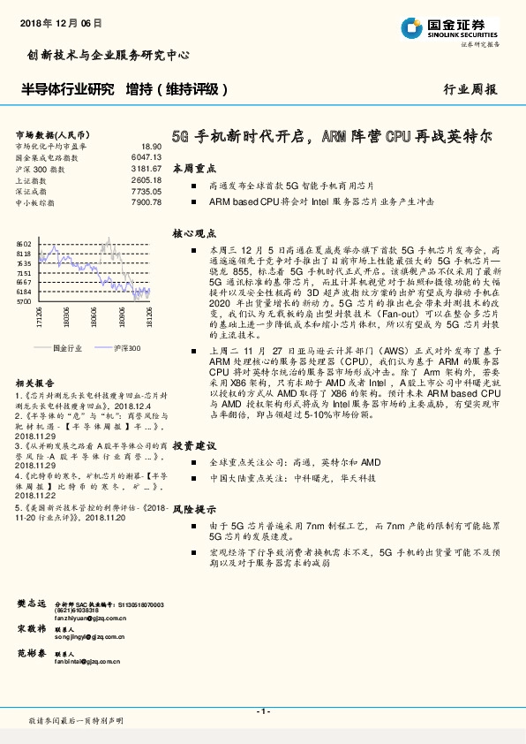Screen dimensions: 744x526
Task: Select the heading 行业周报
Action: tap(469, 89)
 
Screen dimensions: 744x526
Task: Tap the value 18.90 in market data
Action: tap(151, 146)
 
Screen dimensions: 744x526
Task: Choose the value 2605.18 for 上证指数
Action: tap(147, 179)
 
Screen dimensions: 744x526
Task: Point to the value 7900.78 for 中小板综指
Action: tap(147, 202)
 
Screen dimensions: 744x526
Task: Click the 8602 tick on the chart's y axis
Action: tap(24, 243)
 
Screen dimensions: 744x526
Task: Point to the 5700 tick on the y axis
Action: tap(24, 301)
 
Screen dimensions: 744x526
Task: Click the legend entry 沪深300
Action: tap(127, 348)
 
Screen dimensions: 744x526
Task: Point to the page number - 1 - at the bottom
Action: tap(262, 710)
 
